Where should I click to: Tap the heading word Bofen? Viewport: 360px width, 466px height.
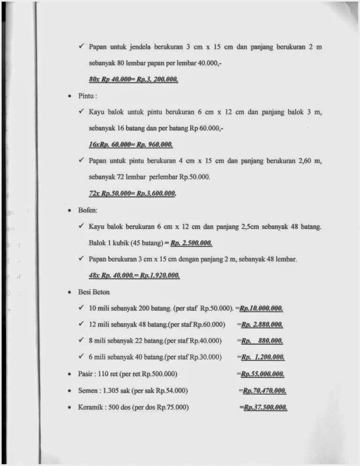pyautogui.click(x=87, y=211)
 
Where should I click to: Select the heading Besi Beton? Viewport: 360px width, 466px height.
pyautogui.click(x=94, y=292)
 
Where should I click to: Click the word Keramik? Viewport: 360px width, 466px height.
pyautogui.click(x=89, y=407)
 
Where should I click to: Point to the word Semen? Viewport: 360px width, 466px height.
pyautogui.click(x=87, y=391)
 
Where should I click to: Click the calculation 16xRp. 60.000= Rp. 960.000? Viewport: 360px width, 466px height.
pyautogui.click(x=130, y=144)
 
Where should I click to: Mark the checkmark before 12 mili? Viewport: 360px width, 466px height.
pyautogui.click(x=82, y=324)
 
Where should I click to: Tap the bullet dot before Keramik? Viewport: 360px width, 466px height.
pyautogui.click(x=69, y=407)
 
